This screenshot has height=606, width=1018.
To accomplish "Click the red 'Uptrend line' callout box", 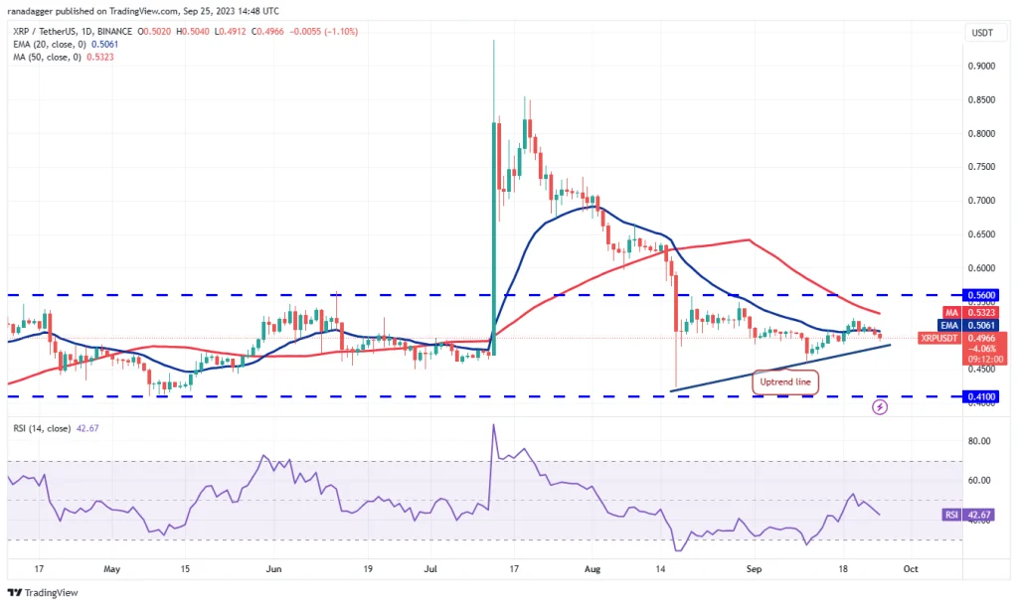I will click(x=784, y=381).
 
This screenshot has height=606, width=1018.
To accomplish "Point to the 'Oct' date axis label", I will click(x=909, y=569).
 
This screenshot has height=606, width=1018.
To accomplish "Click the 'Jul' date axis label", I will click(x=432, y=569).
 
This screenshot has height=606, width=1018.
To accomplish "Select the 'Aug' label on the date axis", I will click(x=593, y=569).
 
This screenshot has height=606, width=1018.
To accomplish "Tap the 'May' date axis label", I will click(x=111, y=569).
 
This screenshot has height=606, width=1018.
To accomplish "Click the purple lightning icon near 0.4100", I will click(x=880, y=407).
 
